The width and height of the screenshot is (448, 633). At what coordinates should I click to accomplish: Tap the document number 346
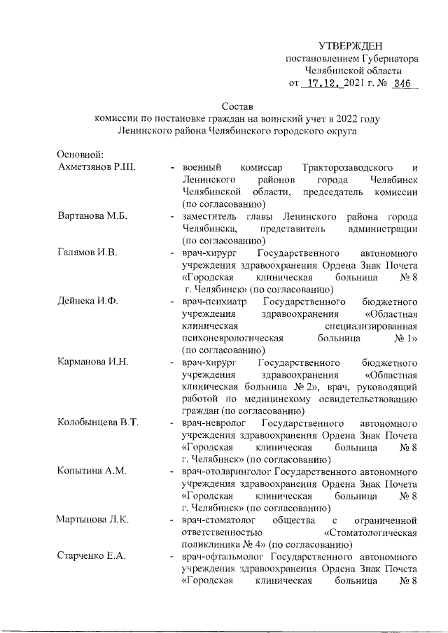(x=402, y=84)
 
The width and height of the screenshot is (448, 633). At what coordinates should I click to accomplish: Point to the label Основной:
(x=80, y=154)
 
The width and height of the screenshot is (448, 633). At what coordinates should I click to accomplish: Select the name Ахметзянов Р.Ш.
(x=96, y=168)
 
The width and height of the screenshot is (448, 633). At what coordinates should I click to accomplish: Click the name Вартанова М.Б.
(x=92, y=217)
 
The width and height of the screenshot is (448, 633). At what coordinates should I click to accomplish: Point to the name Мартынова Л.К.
(x=93, y=520)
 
